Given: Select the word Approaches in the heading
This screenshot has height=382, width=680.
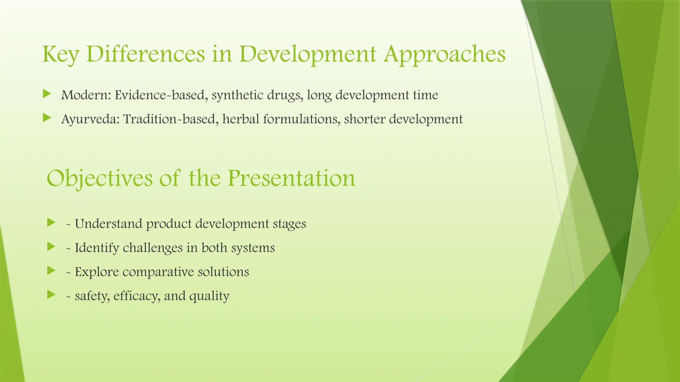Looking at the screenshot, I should point(445,54).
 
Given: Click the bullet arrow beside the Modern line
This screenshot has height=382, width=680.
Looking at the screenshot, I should point(47,94).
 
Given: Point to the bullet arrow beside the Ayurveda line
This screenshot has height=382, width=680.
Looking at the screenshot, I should point(47,118).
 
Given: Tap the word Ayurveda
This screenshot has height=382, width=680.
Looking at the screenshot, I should point(90,119).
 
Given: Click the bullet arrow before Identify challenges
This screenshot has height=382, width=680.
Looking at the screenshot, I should point(51,246).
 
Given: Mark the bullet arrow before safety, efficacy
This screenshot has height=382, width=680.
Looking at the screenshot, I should point(51,294).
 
